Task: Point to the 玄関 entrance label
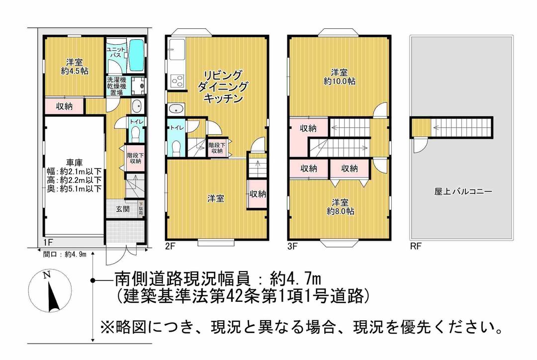[x=123, y=209]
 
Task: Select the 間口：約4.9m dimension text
[x=65, y=254]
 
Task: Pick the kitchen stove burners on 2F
[x=177, y=80]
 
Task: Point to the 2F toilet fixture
[x=176, y=146]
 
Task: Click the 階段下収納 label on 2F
[x=216, y=148]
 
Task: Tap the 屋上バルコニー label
[x=456, y=191]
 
